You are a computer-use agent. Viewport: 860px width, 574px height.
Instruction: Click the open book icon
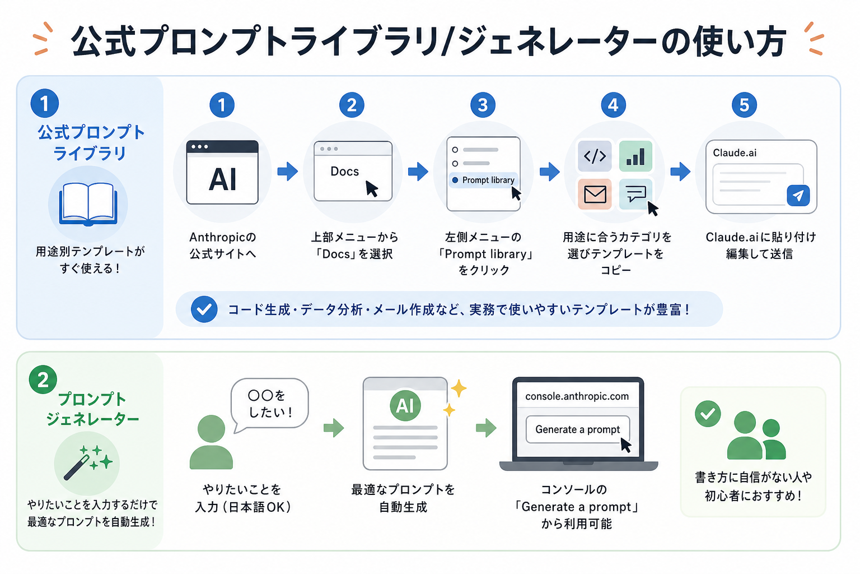click(88, 204)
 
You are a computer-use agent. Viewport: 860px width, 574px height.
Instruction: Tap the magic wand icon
click(87, 462)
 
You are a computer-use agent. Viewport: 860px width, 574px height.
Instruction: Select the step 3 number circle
click(483, 105)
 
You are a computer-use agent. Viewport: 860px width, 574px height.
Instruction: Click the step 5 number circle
click(744, 105)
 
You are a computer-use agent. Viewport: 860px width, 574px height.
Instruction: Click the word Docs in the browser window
click(344, 172)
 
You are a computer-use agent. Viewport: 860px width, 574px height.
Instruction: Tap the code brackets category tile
click(595, 156)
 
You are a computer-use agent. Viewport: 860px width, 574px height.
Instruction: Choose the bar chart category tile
click(635, 156)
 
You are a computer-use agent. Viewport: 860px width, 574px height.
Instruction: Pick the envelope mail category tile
click(595, 194)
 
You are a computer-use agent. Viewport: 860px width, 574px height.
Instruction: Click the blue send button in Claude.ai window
click(798, 196)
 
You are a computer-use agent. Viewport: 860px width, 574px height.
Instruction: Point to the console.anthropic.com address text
click(577, 396)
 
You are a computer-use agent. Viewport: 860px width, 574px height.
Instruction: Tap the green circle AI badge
click(405, 406)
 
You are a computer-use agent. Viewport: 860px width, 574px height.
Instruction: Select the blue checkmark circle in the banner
click(204, 309)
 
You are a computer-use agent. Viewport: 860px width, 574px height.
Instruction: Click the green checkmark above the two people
click(708, 414)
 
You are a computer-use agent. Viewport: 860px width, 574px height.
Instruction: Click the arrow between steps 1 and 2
click(288, 172)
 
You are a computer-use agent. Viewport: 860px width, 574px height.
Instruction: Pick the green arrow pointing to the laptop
click(486, 428)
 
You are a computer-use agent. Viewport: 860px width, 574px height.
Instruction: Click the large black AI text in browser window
click(222, 179)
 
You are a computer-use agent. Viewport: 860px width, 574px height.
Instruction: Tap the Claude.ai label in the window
click(735, 153)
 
